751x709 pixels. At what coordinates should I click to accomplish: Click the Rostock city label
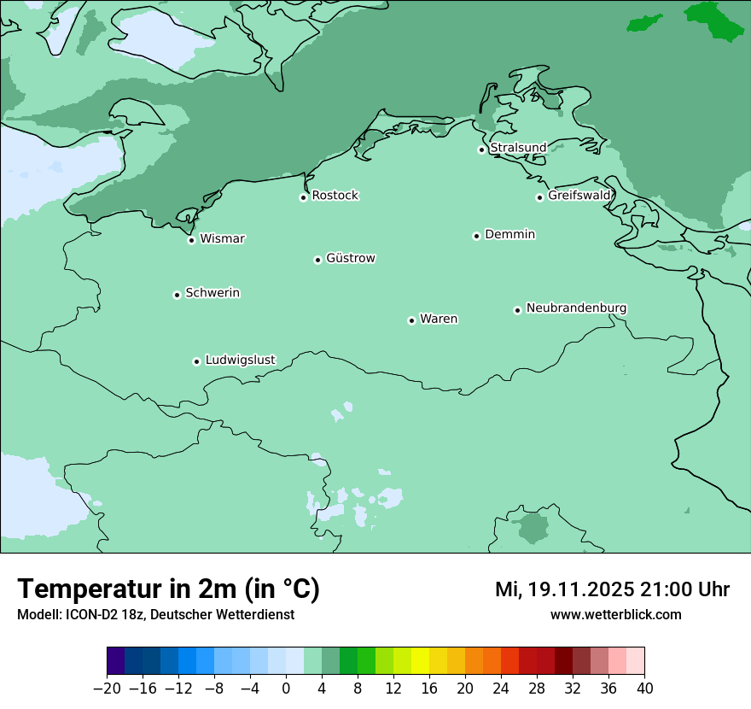click(x=335, y=196)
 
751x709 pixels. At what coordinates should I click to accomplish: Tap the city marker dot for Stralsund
click(x=481, y=149)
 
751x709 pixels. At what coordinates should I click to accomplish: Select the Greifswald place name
click(x=579, y=196)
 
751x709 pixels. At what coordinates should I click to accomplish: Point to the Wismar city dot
click(x=191, y=240)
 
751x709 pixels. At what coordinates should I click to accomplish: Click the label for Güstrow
click(x=350, y=258)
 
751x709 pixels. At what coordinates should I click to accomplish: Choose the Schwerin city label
click(x=212, y=293)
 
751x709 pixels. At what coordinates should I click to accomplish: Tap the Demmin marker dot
click(x=476, y=236)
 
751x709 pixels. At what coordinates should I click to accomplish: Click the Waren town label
click(x=439, y=319)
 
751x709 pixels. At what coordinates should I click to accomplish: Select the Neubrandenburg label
click(x=576, y=308)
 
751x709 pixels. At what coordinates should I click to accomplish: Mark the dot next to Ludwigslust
click(x=196, y=361)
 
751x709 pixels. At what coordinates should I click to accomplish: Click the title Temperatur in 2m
click(x=169, y=589)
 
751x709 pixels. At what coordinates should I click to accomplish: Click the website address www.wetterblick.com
click(x=615, y=614)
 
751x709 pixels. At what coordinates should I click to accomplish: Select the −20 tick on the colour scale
click(x=108, y=688)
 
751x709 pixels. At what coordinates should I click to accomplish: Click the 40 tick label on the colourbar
click(x=644, y=688)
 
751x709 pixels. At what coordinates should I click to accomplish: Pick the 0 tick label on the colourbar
click(x=286, y=688)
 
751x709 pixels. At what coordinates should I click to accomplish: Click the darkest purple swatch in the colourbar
click(x=116, y=661)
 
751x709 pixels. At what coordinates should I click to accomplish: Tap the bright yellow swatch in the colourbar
click(x=420, y=661)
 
